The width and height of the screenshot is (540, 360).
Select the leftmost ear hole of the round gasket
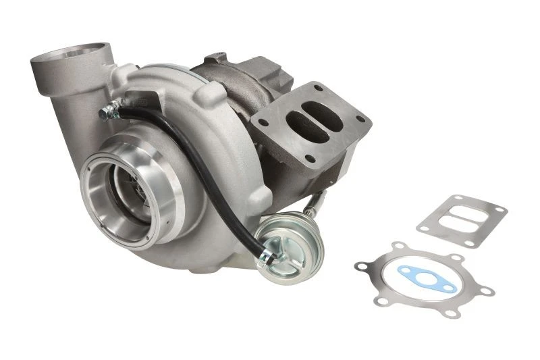point(360,265)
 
